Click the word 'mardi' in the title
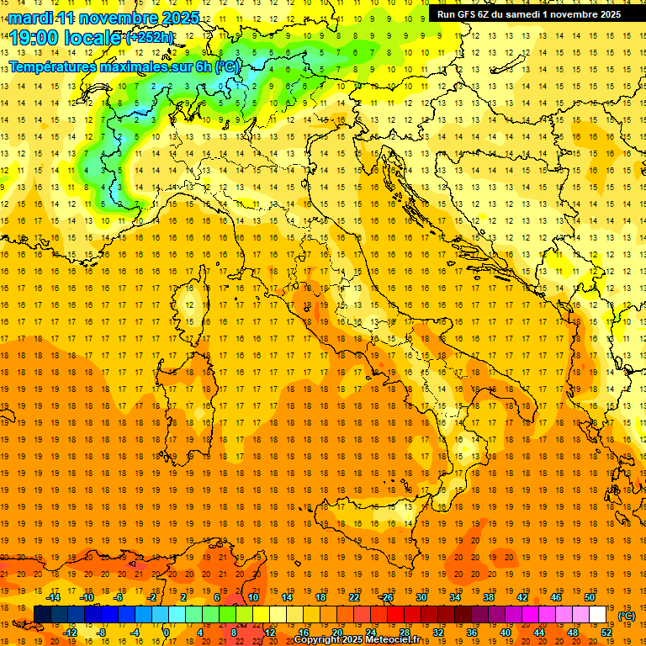coord(29,18)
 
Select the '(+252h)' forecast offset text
coord(150,37)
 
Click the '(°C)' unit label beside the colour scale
coord(627,615)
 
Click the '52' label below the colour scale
coord(606,633)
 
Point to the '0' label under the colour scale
coord(167,633)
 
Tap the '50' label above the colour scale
coord(589,597)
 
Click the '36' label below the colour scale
coord(471,633)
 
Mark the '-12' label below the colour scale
coord(70,633)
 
